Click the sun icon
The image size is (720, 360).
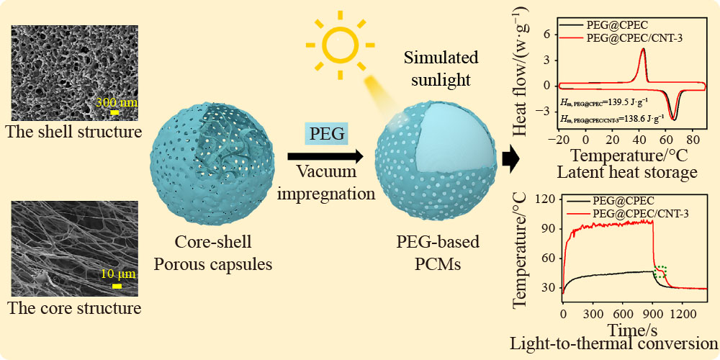[341, 45]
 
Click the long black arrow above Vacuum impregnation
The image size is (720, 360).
[325, 156]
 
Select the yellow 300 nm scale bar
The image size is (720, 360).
[114, 112]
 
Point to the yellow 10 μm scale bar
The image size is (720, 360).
[117, 286]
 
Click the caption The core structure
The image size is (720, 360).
[74, 307]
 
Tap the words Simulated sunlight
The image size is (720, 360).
[441, 69]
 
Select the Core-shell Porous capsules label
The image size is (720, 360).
[212, 253]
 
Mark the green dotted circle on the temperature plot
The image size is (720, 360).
[660, 273]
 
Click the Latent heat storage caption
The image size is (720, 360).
[628, 172]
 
